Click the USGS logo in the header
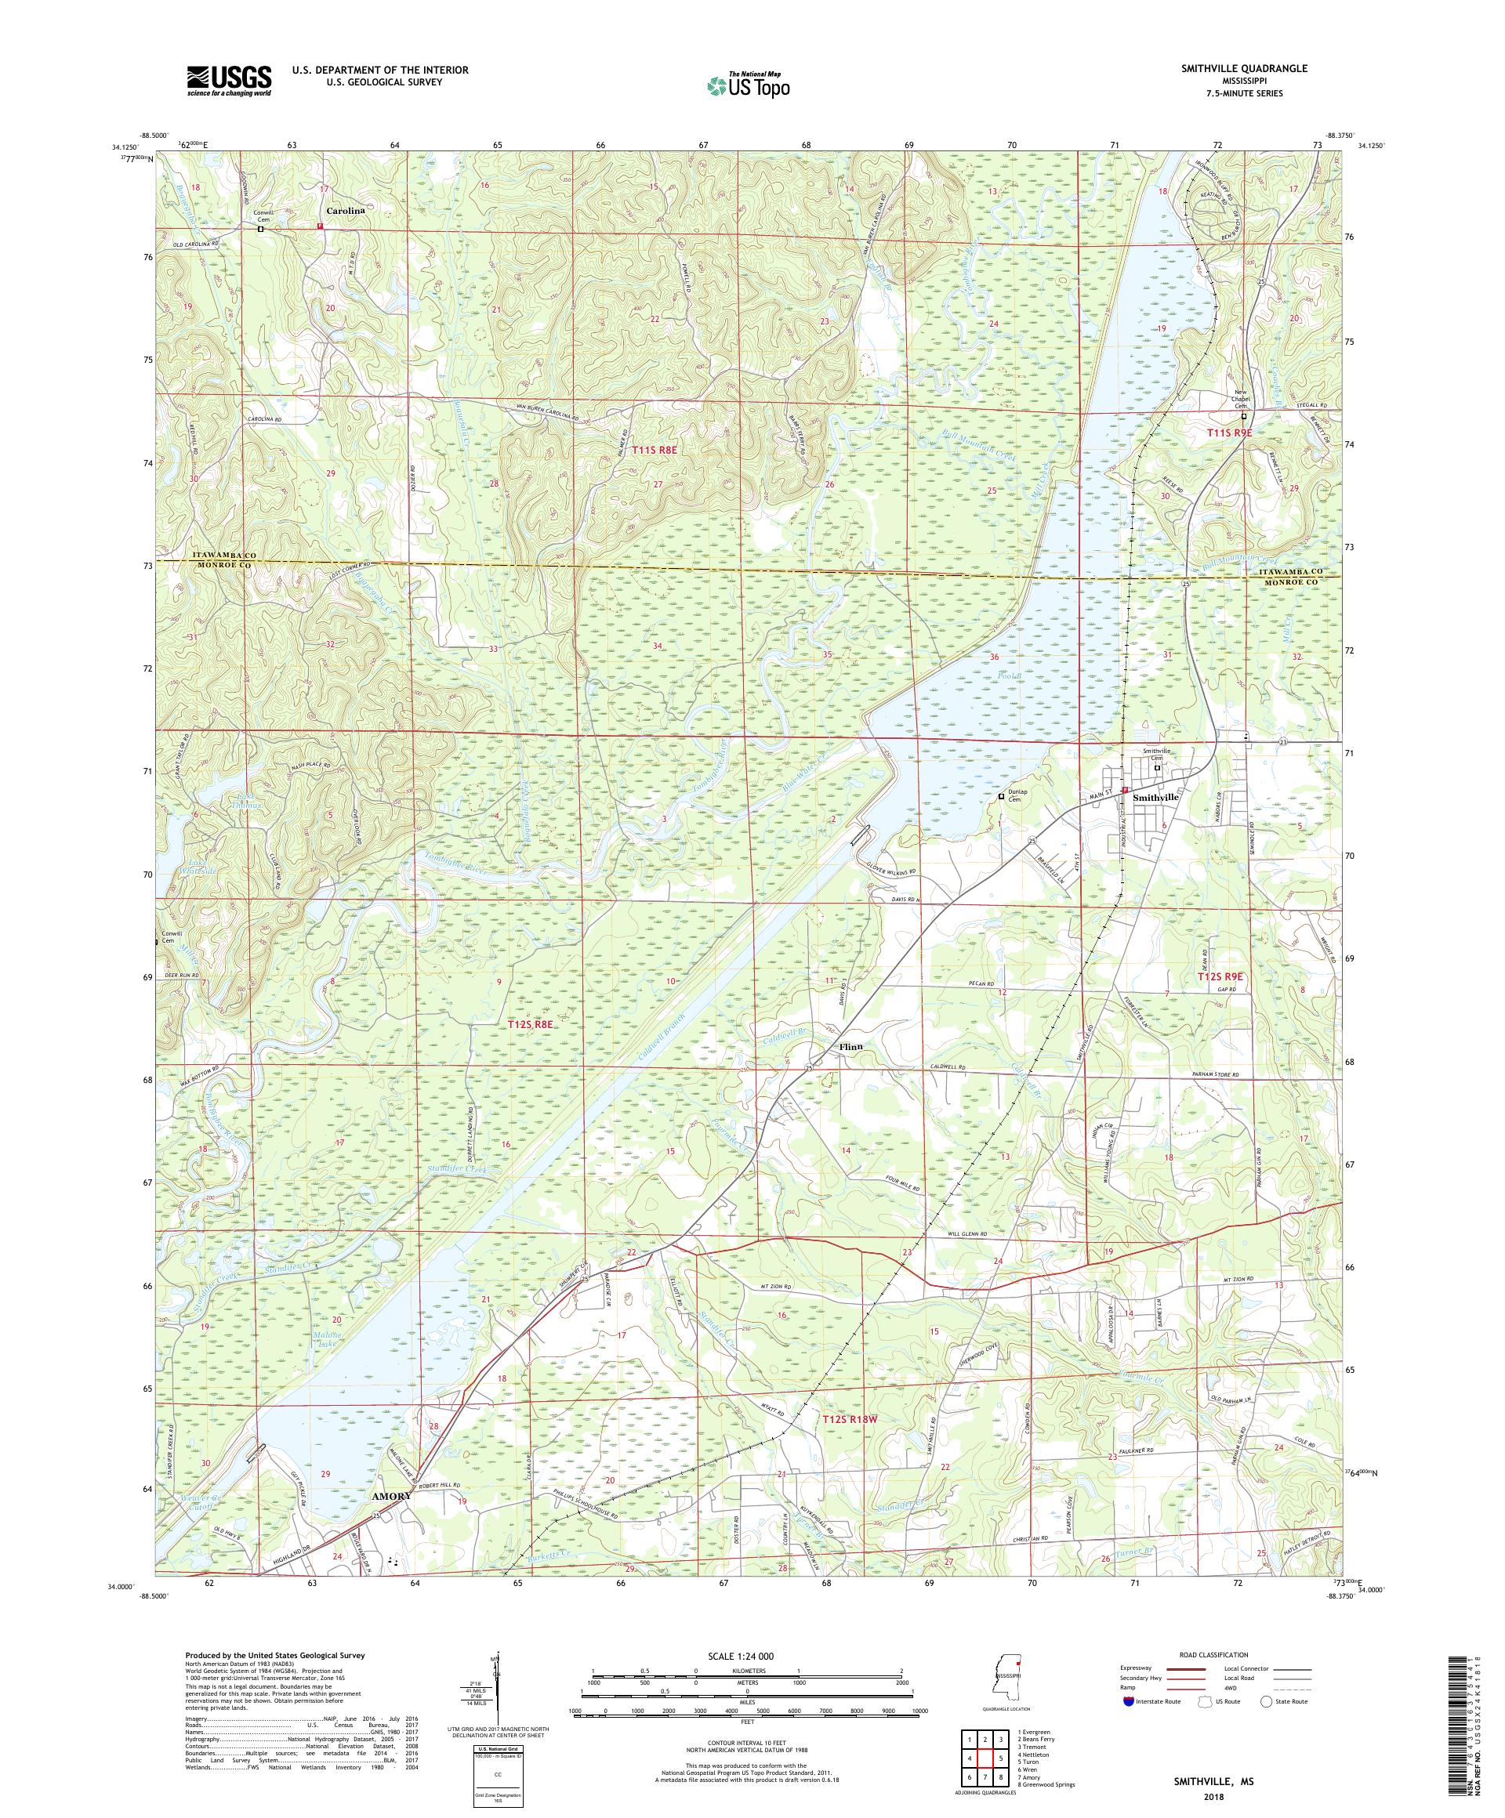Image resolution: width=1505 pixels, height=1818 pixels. point(229,81)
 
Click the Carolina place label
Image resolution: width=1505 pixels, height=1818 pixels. point(345,210)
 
